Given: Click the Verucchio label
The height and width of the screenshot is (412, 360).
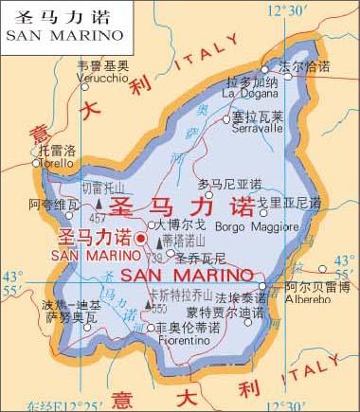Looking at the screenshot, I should click(102, 77).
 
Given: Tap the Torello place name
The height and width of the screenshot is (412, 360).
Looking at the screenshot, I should click(55, 162).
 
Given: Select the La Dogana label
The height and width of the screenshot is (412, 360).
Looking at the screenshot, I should click(250, 93).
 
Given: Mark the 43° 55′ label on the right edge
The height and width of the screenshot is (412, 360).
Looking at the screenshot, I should click(346, 267).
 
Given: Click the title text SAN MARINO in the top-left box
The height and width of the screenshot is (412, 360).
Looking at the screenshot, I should click(64, 35).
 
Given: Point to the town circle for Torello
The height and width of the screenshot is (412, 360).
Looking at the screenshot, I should click(39, 162).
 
